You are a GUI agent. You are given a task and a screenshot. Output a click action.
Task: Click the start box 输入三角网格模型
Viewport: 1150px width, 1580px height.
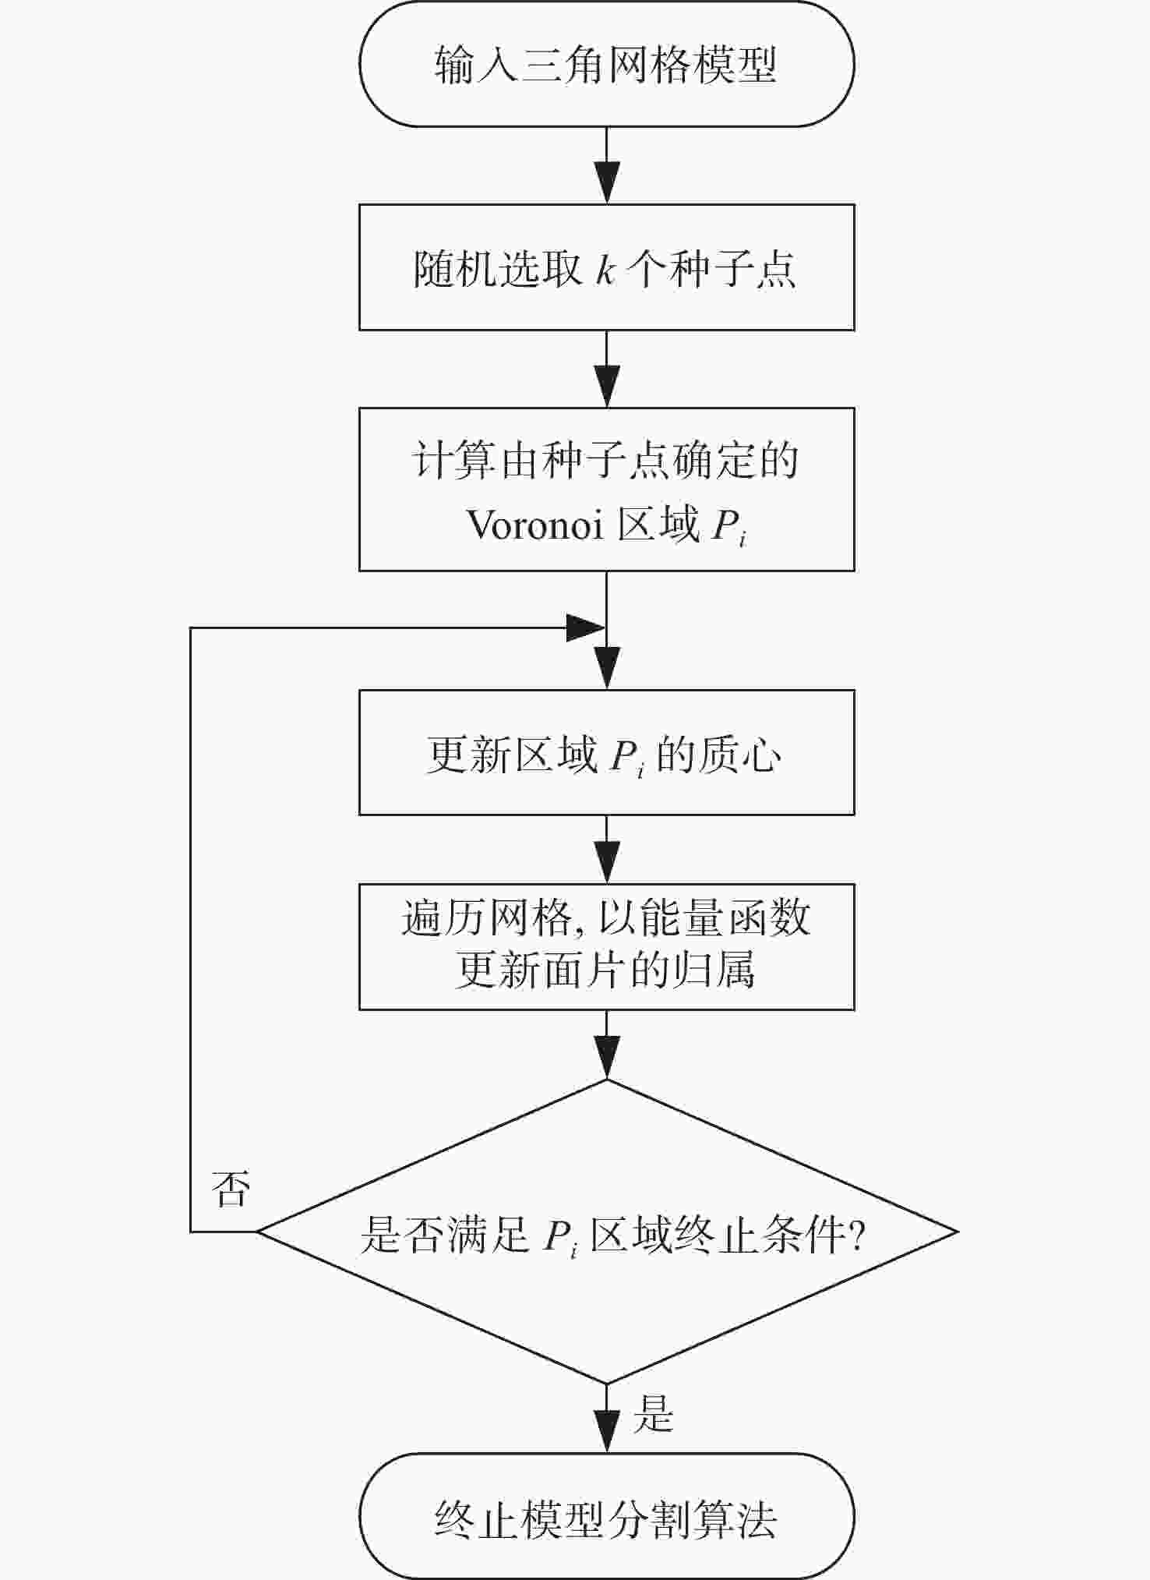(606, 65)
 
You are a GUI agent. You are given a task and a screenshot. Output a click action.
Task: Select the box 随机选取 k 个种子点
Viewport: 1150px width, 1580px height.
(606, 267)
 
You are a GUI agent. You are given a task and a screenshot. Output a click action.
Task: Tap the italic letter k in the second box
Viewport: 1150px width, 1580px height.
(605, 269)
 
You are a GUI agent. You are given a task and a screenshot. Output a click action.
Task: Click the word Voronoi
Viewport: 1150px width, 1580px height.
(535, 525)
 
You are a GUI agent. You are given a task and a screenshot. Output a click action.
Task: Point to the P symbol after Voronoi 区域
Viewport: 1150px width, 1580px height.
(725, 526)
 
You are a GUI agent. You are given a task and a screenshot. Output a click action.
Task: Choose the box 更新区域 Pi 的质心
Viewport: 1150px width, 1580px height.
(606, 753)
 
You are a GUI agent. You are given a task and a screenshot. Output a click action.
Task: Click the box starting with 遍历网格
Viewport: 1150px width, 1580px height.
(606, 946)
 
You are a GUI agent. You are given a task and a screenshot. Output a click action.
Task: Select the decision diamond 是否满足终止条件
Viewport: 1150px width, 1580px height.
(606, 1233)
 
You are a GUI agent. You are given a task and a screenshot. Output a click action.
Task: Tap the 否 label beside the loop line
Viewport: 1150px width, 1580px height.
(231, 1189)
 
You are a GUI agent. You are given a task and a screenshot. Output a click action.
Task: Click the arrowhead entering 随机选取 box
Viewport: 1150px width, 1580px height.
(606, 184)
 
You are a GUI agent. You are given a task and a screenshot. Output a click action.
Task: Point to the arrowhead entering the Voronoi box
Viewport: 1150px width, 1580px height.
(606, 387)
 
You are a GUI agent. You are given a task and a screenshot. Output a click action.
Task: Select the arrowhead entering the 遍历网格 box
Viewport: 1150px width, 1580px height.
(606, 864)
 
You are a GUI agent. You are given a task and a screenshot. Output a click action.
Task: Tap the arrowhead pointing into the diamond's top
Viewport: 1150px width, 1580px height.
(606, 1059)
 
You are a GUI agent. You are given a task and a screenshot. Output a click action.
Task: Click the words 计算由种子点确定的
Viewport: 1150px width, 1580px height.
(605, 460)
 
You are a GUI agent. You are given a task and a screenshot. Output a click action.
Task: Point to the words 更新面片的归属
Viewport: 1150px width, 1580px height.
(605, 972)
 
